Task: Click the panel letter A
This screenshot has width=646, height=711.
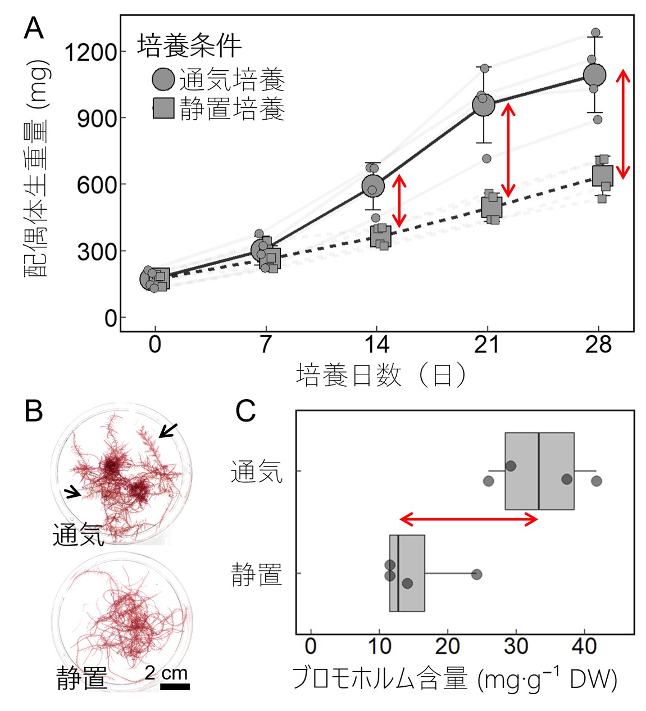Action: [34, 28]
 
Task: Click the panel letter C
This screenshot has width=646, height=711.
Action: [245, 411]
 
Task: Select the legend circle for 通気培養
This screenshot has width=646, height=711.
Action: [163, 79]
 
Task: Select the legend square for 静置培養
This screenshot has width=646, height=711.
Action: [163, 108]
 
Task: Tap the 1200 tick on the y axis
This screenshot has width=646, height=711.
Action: [90, 52]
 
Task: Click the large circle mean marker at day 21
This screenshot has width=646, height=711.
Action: [483, 104]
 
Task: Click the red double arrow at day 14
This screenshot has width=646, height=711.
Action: [399, 201]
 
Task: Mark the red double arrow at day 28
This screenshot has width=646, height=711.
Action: [622, 124]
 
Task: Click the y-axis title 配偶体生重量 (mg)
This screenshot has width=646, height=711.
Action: [37, 169]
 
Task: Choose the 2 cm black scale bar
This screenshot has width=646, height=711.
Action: [175, 686]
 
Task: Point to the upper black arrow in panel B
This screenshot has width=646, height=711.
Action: [167, 430]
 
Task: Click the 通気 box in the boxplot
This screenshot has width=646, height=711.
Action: [539, 471]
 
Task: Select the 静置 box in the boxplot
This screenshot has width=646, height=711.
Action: [407, 573]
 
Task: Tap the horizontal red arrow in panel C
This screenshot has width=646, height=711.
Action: [469, 519]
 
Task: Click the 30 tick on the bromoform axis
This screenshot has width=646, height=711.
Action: [516, 646]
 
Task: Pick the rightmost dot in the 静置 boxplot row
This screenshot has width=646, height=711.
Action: [476, 574]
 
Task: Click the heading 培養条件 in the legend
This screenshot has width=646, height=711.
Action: [189, 46]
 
